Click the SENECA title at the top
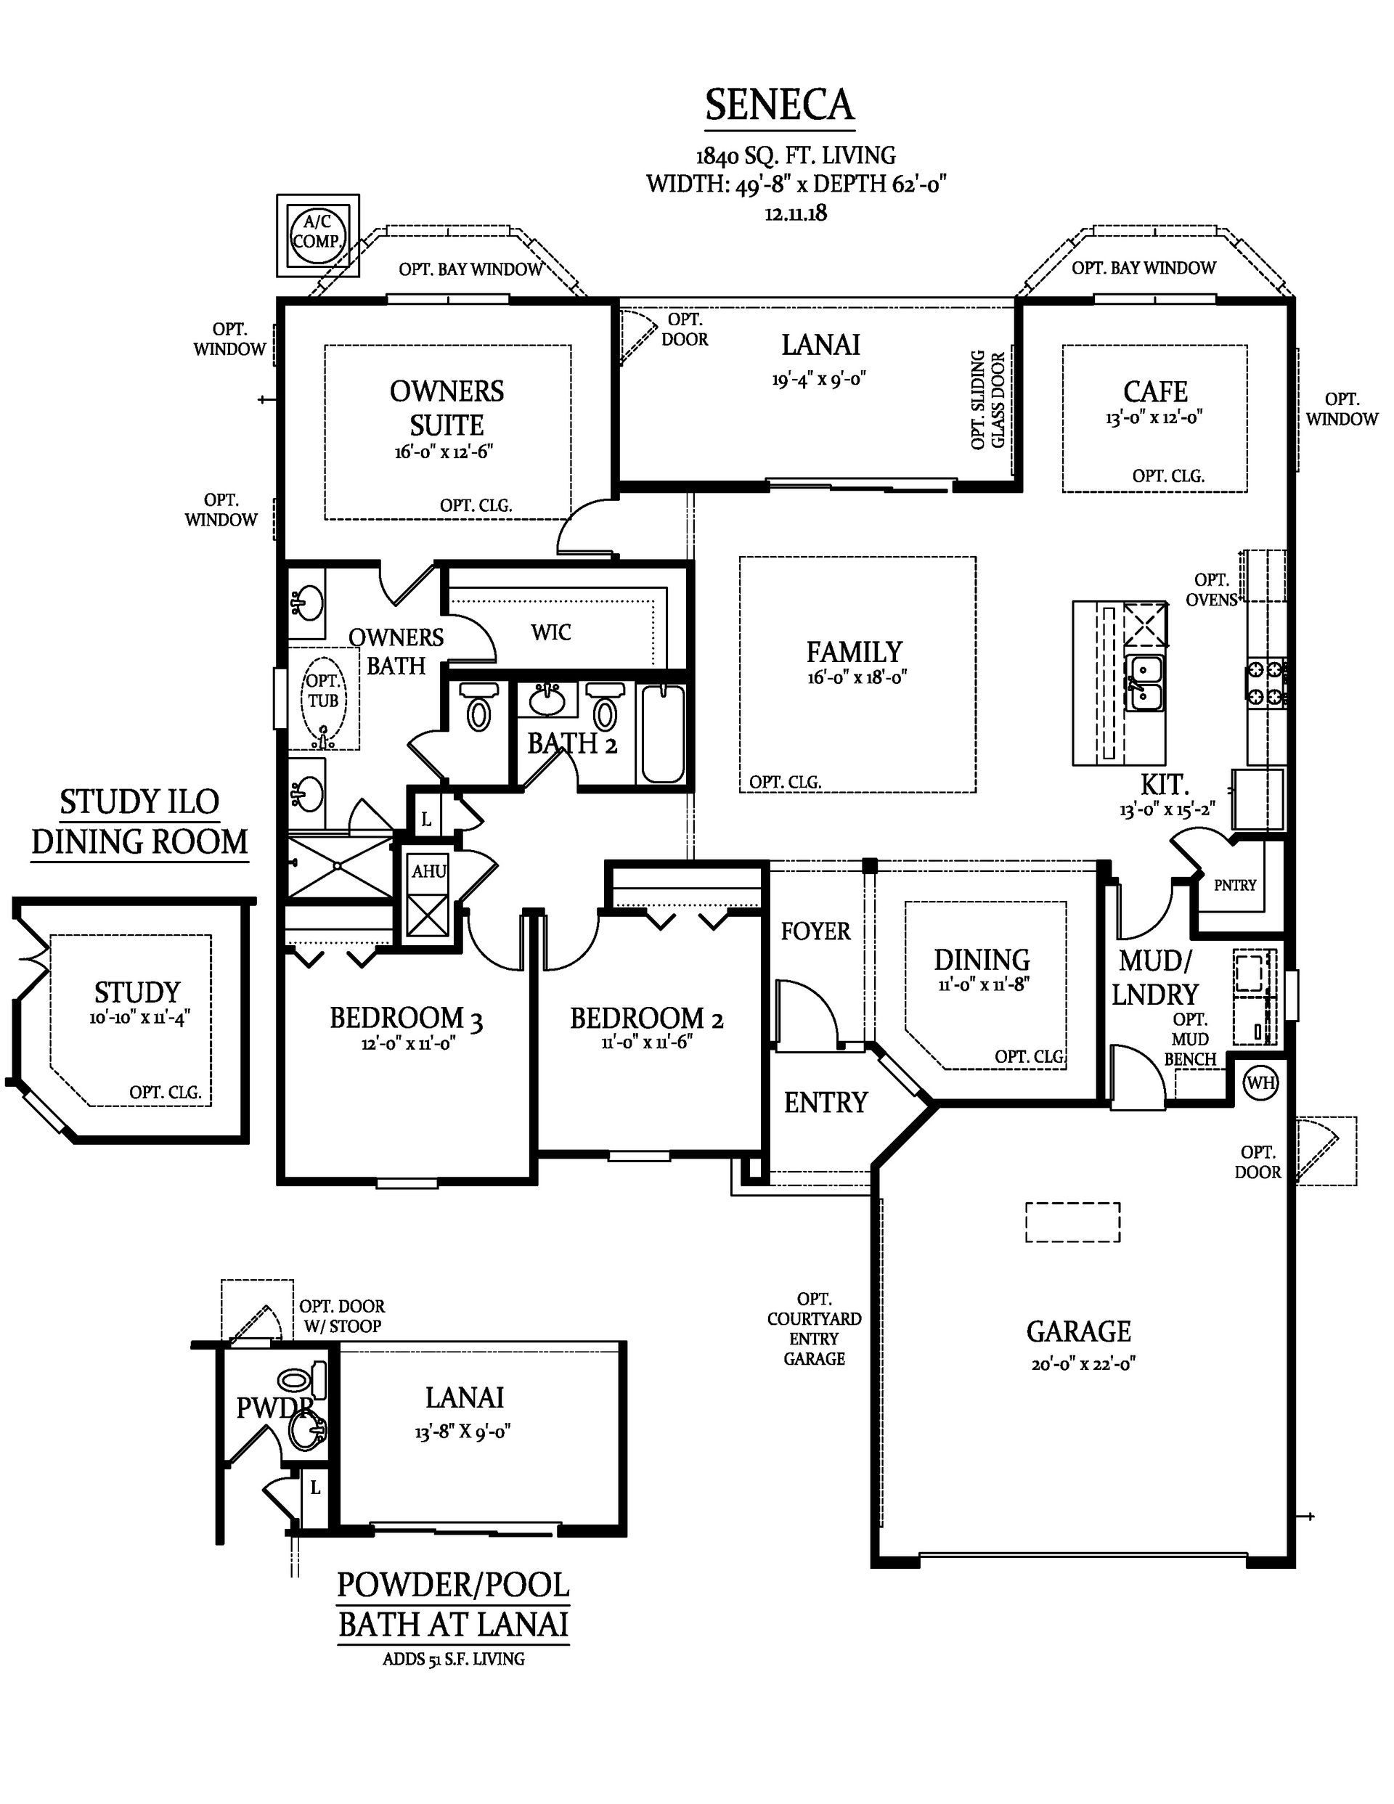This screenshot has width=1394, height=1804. [779, 105]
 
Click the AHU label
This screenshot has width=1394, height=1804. [429, 870]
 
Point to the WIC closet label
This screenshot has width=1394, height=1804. [551, 632]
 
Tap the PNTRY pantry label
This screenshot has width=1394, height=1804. [1234, 885]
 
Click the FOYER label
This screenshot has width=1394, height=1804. [815, 931]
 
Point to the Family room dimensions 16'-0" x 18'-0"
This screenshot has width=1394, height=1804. [857, 677]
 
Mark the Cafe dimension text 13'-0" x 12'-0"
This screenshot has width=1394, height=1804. [1154, 417]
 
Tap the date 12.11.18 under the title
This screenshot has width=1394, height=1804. [796, 213]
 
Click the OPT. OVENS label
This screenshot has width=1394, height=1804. [1211, 589]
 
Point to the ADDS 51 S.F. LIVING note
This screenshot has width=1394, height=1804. [453, 1658]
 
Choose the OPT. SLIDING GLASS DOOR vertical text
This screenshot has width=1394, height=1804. [988, 401]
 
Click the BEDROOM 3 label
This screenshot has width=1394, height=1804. [406, 1019]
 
